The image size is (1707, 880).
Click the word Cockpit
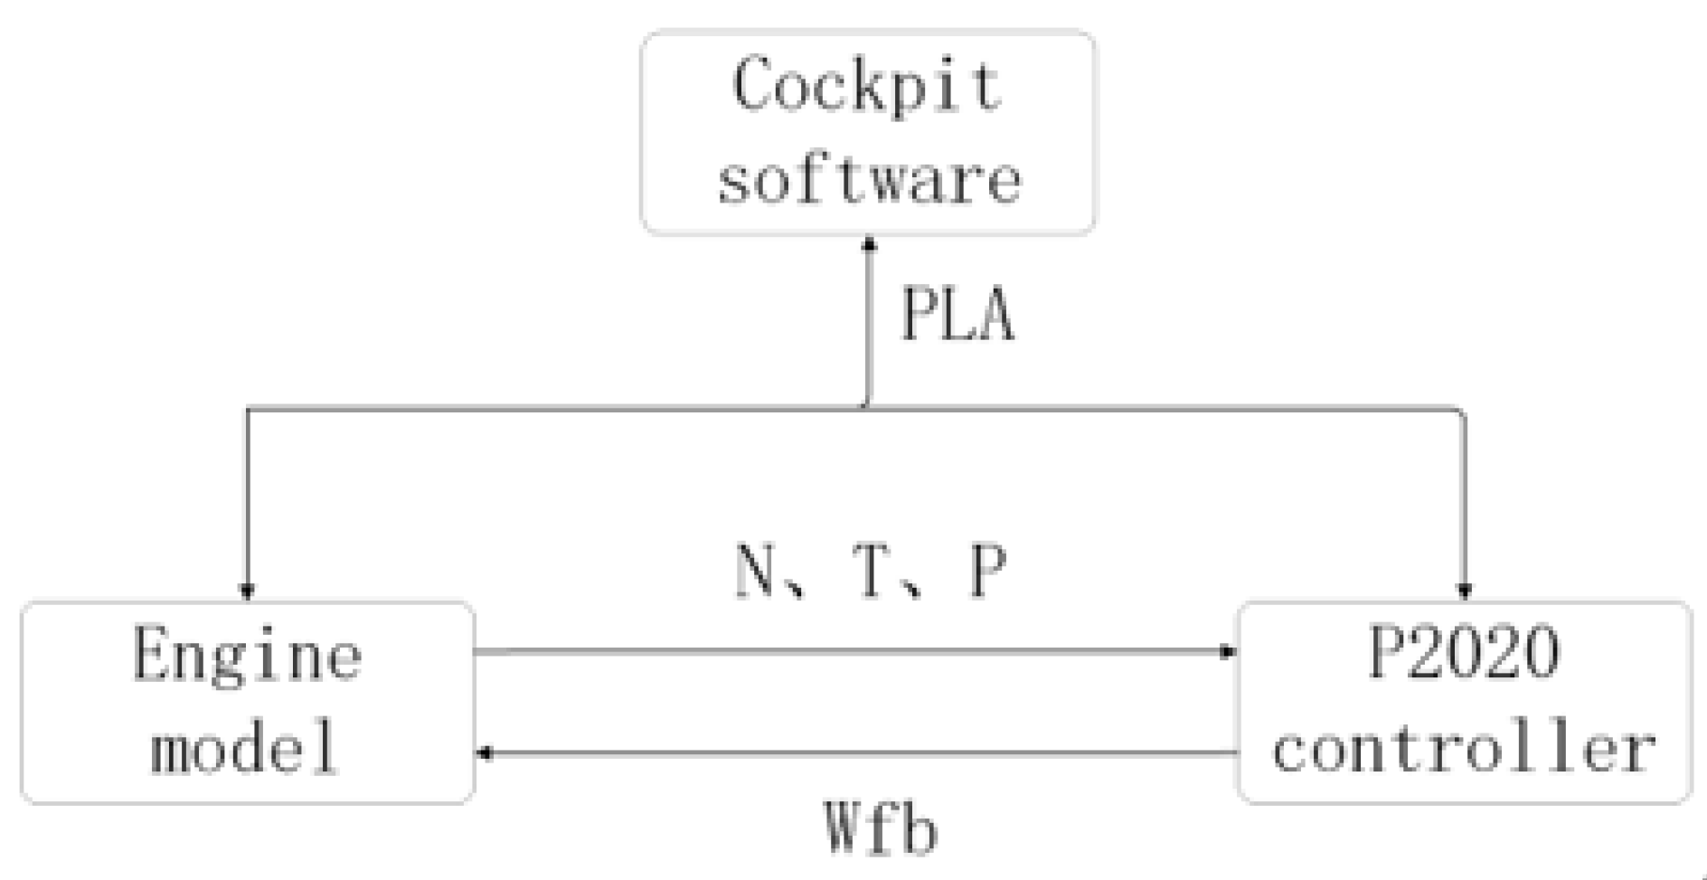867,86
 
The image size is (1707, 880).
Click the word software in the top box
869,178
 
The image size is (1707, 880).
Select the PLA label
957,316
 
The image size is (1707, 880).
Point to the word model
244,748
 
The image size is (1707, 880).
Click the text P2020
1464,652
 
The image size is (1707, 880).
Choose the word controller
1464,750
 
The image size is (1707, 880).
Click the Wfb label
881,828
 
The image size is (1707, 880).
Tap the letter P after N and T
987,572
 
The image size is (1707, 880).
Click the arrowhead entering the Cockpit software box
869,244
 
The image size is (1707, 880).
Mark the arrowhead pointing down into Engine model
247,592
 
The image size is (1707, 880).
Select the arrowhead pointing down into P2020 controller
1464,592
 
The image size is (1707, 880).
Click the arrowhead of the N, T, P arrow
1228,651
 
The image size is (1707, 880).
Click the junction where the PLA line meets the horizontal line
867,408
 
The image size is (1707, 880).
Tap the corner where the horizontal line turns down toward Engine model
248,410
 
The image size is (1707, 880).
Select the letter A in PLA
996,316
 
